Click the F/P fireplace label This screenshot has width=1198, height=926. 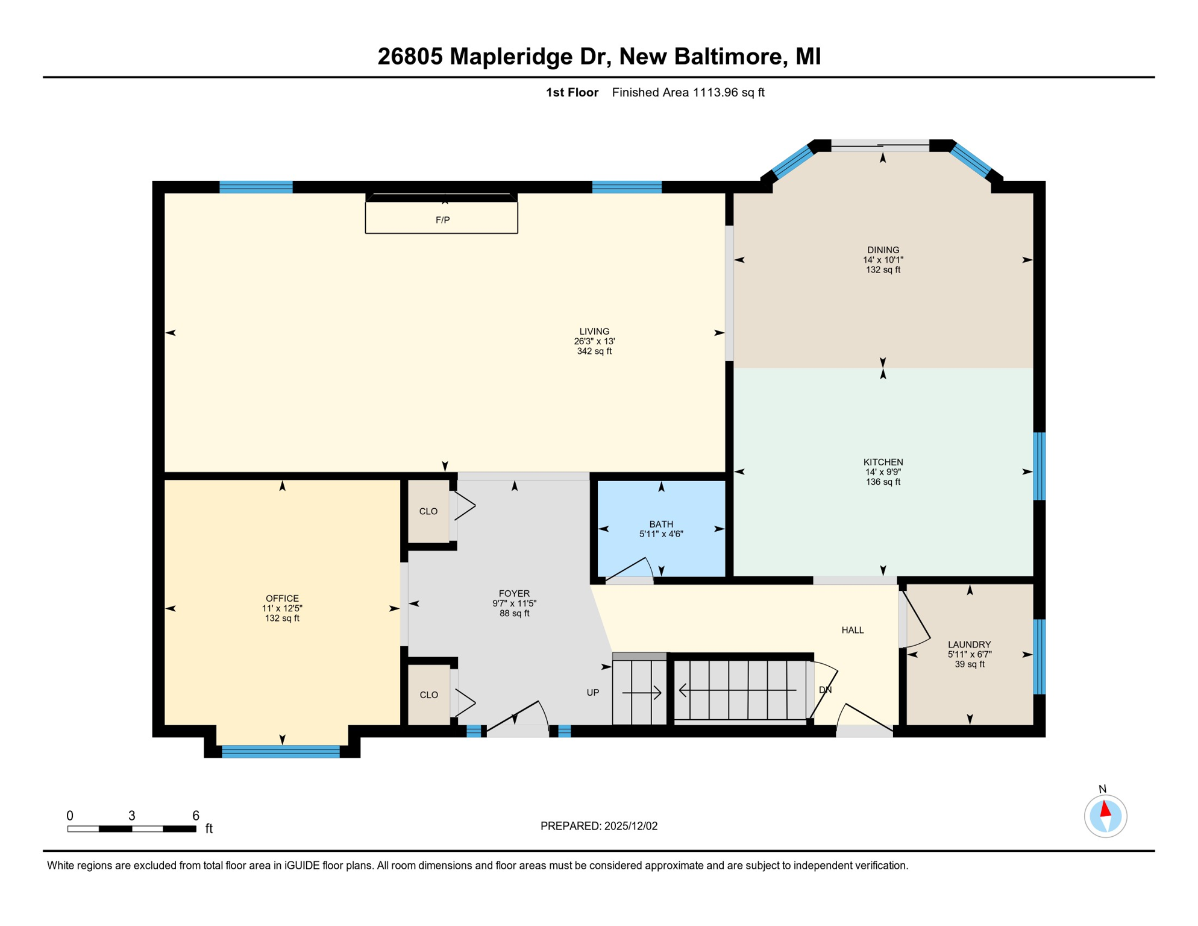point(442,220)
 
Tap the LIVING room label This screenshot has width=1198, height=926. point(594,332)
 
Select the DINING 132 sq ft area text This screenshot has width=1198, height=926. point(883,270)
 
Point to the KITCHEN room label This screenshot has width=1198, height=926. point(883,462)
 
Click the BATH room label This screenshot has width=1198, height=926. point(661,524)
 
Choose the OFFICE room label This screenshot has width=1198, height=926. point(282,599)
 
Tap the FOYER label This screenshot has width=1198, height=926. point(514,594)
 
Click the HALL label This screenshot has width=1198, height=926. point(853,631)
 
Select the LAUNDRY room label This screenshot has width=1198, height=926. point(969,644)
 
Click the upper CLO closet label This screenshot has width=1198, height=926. point(428,512)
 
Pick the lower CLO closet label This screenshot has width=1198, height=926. point(428,695)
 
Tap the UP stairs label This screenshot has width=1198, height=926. point(593,693)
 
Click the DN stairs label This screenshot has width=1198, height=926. point(825,690)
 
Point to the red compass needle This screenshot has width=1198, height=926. point(1105,809)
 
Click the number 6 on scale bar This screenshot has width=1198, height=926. point(196,816)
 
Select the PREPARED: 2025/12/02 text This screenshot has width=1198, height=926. point(599,827)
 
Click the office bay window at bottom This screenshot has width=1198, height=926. point(281,751)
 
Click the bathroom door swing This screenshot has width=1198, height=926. point(630,569)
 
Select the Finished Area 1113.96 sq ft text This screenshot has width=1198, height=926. point(688,93)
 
